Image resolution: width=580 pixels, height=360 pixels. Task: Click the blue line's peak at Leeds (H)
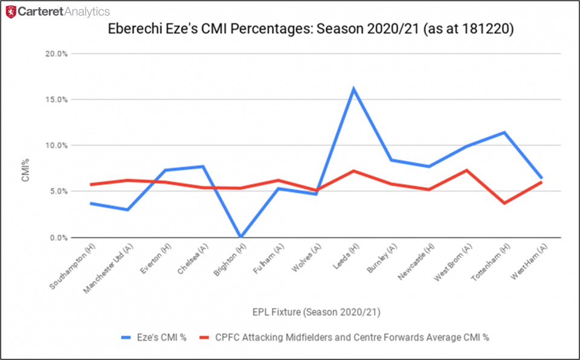pyautogui.click(x=353, y=89)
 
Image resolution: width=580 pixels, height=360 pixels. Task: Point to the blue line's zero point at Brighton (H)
pyautogui.click(x=240, y=237)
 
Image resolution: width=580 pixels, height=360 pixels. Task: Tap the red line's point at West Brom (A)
pyautogui.click(x=466, y=170)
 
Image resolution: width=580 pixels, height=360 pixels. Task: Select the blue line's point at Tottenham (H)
pyautogui.click(x=504, y=132)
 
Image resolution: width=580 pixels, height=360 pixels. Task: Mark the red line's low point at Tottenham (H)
pyautogui.click(x=504, y=203)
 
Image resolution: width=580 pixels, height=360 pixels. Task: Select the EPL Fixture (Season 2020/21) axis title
pyautogui.click(x=316, y=312)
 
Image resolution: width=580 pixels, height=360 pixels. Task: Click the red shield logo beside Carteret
pyautogui.click(x=10, y=11)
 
